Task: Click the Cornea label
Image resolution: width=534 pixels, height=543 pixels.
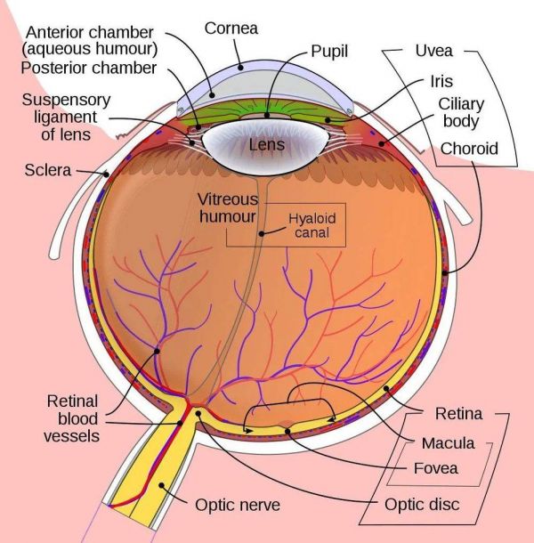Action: pyautogui.click(x=231, y=28)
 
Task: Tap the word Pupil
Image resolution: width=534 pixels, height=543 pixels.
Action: pyautogui.click(x=329, y=52)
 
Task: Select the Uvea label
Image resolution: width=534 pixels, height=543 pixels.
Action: pyautogui.click(x=434, y=51)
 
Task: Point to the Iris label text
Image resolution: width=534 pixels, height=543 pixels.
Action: pyautogui.click(x=441, y=81)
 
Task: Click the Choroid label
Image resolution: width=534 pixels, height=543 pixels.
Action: pyautogui.click(x=469, y=149)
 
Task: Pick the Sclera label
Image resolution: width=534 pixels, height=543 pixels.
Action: pyautogui.click(x=48, y=170)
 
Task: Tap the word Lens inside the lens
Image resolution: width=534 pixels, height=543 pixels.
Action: pyautogui.click(x=267, y=144)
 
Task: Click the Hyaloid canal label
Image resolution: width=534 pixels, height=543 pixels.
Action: pyautogui.click(x=312, y=225)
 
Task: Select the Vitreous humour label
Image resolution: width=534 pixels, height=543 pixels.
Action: pyautogui.click(x=228, y=207)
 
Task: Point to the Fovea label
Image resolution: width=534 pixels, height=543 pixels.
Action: pyautogui.click(x=435, y=468)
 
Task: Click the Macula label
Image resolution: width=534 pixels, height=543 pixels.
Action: pyautogui.click(x=449, y=443)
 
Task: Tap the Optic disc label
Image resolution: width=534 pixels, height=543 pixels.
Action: pyautogui.click(x=422, y=504)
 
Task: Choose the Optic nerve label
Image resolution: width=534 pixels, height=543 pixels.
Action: pyautogui.click(x=238, y=505)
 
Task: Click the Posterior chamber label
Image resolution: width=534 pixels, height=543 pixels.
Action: pyautogui.click(x=89, y=68)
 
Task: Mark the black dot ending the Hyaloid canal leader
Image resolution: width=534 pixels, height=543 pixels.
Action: pyautogui.click(x=262, y=234)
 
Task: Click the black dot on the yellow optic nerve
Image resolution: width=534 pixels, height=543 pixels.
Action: pyautogui.click(x=161, y=485)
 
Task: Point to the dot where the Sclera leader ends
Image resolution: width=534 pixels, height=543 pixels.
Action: pyautogui.click(x=106, y=174)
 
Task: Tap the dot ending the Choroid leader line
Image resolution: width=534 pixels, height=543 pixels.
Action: pyautogui.click(x=445, y=273)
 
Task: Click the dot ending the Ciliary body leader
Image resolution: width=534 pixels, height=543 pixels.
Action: pyautogui.click(x=381, y=143)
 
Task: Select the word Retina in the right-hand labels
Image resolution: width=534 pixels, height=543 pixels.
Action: pyautogui.click(x=458, y=414)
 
